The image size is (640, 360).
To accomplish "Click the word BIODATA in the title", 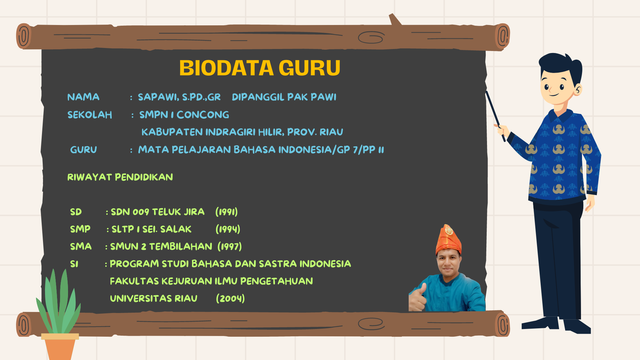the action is pos(226,68).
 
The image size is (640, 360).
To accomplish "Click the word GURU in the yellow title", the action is pos(309,68).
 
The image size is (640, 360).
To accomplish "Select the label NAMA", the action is pos(83,97).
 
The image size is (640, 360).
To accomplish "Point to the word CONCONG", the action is pos(203,115).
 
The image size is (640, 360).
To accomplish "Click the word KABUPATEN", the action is pos(172,132).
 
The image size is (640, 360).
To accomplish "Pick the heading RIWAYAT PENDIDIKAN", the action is pos(120,177).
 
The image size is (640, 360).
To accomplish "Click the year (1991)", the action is pos(227,212).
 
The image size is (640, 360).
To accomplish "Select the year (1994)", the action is pos(228,229).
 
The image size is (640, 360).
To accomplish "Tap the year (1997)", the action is pos(230,247).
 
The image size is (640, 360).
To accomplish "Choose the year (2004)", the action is pos(230,298).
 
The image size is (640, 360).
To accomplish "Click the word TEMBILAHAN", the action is pos(180,247).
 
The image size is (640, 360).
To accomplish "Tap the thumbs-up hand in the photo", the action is pos(417,298).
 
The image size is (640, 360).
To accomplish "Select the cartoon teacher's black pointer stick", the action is pos(495,116).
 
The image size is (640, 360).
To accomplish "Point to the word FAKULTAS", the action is pos(134,281).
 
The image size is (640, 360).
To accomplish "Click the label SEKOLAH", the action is pos(90,115).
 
